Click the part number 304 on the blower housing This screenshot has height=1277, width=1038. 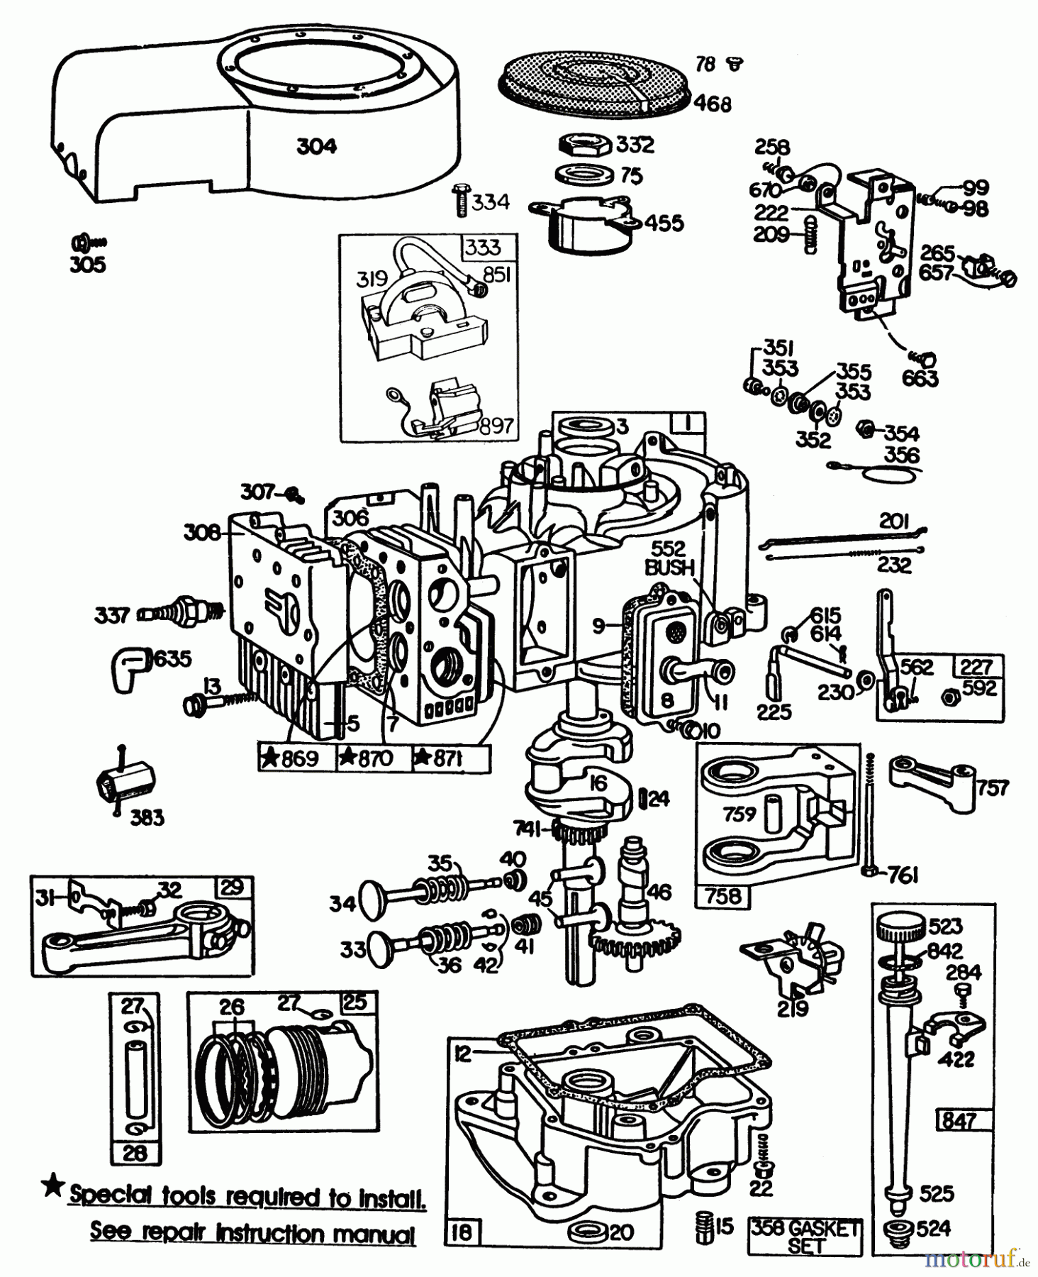[x=316, y=147]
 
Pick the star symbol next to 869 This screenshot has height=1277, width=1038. [x=269, y=758]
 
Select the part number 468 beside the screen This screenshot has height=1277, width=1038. [x=712, y=104]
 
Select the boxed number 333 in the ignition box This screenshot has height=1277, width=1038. [x=484, y=248]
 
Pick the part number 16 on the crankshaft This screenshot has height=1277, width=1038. [x=599, y=784]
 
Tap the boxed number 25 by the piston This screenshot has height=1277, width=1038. [x=355, y=1002]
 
